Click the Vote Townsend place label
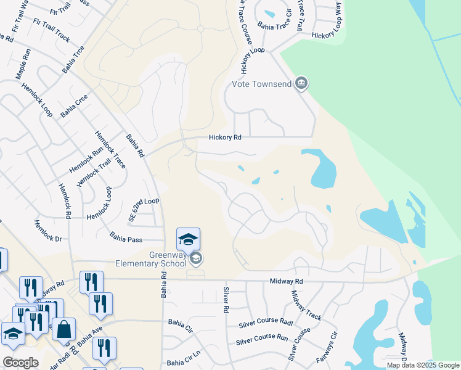coord(262,83)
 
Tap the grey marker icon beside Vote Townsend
coord(301,83)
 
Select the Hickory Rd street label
coord(225,138)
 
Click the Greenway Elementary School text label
coord(150,259)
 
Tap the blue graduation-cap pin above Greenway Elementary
coord(188,239)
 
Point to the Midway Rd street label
coord(287,281)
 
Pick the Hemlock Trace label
coord(110,149)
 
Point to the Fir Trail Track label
coord(52,30)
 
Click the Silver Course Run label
coord(262,339)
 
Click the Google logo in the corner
coord(21,363)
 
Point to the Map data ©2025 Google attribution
coord(422,365)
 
